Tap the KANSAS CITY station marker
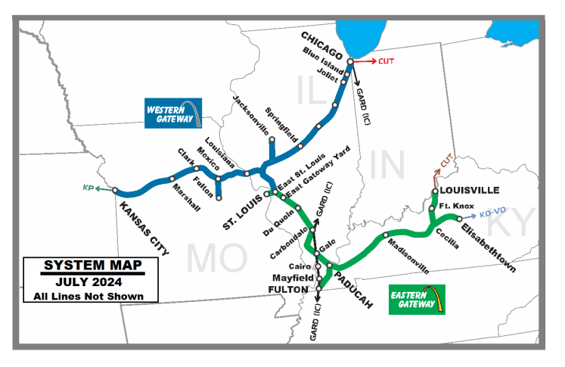click(x=116, y=191)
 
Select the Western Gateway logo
click(x=175, y=114)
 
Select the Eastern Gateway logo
click(x=416, y=299)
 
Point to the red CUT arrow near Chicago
click(x=369, y=60)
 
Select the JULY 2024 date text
click(x=92, y=281)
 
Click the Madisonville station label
click(x=408, y=257)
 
